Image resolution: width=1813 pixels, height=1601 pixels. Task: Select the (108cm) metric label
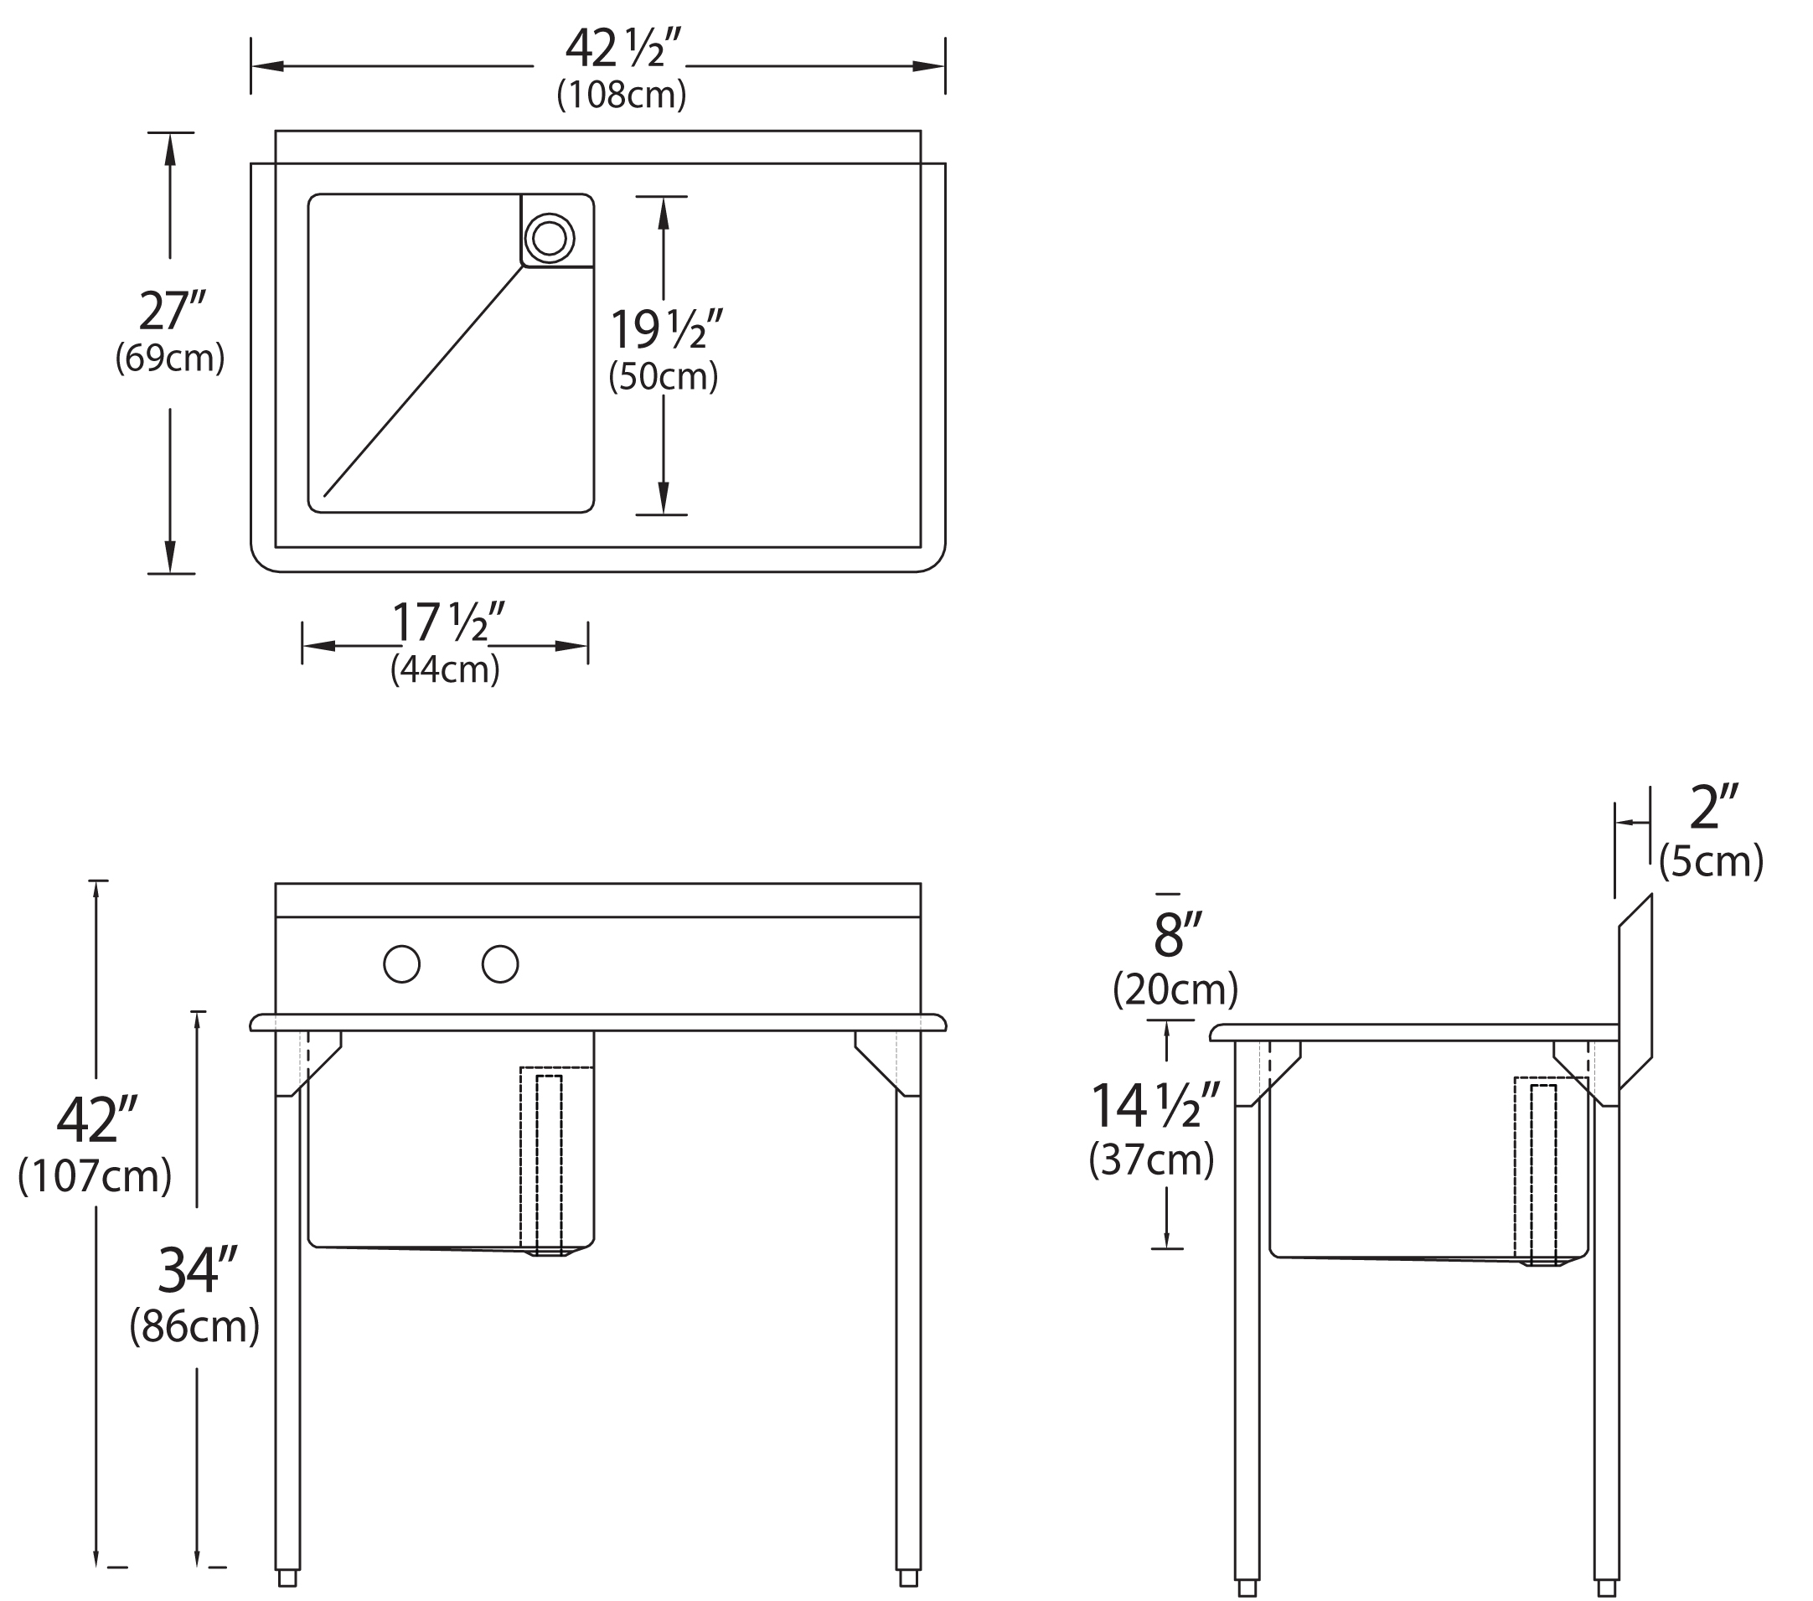pos(622,94)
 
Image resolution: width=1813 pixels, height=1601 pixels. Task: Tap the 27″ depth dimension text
pos(171,311)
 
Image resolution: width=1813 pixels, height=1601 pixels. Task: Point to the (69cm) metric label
pos(169,358)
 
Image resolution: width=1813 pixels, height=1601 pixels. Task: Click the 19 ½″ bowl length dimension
pos(667,329)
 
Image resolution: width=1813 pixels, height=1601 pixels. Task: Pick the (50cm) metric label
pos(664,376)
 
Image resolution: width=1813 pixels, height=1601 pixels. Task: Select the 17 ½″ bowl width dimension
pos(449,622)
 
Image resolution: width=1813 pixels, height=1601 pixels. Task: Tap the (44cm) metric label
pos(445,669)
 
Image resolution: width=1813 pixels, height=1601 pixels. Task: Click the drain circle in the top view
pos(550,238)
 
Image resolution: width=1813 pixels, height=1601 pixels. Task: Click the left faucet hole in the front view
pos(402,964)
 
